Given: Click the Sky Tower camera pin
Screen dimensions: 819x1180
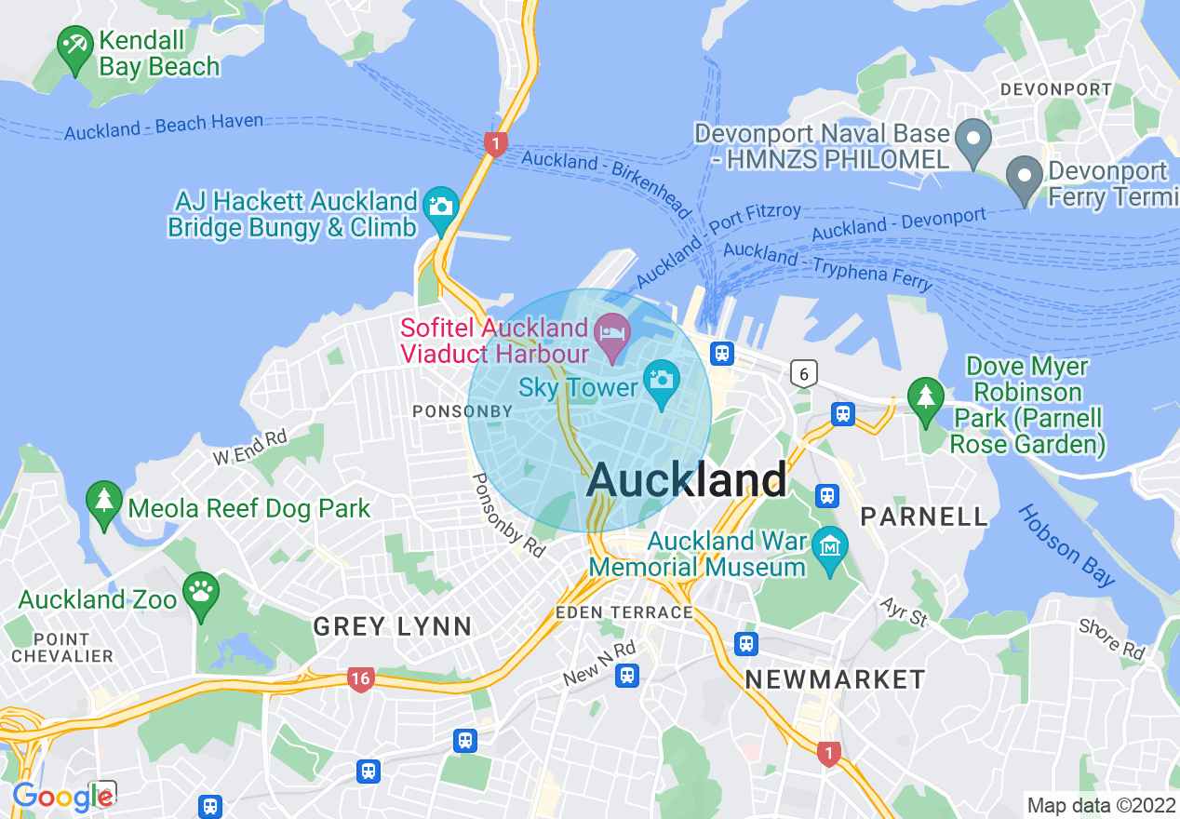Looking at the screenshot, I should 662,382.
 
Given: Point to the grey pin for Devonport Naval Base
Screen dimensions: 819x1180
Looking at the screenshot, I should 973,141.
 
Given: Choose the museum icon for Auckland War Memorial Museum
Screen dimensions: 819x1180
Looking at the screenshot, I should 829,547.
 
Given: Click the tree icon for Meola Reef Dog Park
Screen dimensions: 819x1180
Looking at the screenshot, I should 103,502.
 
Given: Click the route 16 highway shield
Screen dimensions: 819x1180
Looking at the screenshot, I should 360,679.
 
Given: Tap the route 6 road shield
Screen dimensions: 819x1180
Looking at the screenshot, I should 803,374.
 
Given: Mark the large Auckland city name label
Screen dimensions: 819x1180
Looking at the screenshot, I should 687,480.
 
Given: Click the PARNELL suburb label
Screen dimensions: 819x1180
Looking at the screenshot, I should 923,517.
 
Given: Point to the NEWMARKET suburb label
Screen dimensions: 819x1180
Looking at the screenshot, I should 835,679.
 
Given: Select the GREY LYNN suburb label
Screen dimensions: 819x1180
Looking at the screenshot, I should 392,626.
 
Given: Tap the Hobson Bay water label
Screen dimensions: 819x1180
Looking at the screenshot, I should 1066,546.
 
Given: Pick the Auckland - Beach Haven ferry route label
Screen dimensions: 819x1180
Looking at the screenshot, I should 164,127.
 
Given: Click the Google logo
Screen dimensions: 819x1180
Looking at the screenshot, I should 61,797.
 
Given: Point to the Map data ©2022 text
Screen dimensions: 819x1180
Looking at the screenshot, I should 1100,805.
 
